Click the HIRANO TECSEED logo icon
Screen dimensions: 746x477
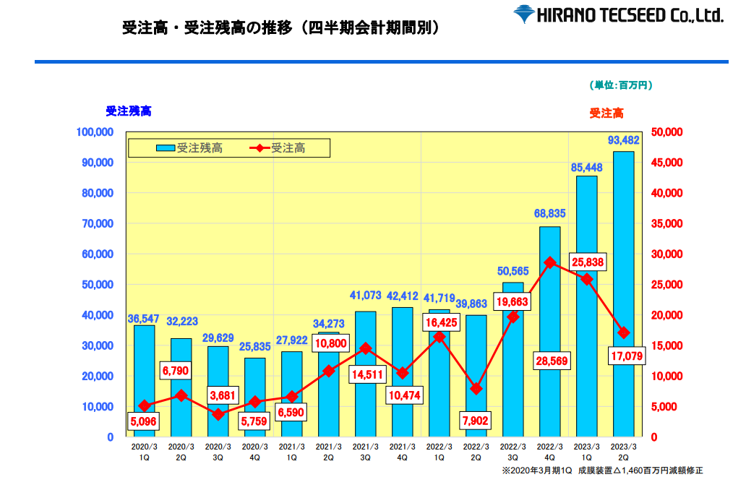pyautogui.click(x=524, y=14)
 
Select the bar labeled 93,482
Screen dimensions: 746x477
pyautogui.click(x=623, y=294)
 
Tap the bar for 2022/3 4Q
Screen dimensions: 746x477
pyautogui.click(x=549, y=332)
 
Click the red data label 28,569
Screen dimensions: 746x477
pyautogui.click(x=552, y=361)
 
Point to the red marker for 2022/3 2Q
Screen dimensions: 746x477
pyautogui.click(x=476, y=389)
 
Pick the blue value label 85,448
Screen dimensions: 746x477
pyautogui.click(x=587, y=168)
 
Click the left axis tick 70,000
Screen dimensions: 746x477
pyautogui.click(x=98, y=223)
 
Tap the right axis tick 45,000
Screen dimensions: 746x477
pyautogui.click(x=666, y=163)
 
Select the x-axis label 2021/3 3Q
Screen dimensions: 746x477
pyautogui.click(x=365, y=452)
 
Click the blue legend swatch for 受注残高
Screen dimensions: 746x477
pyautogui.click(x=166, y=148)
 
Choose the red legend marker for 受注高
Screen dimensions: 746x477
pyautogui.click(x=260, y=148)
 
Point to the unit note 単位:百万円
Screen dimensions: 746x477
pyautogui.click(x=621, y=85)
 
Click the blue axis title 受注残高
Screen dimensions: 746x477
pyautogui.click(x=129, y=111)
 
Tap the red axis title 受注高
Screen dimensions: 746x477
pyautogui.click(x=606, y=113)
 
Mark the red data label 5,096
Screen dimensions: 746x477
pyautogui.click(x=143, y=421)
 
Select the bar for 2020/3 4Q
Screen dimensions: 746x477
pyautogui.click(x=254, y=397)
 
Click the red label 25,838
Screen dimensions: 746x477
pyautogui.click(x=588, y=262)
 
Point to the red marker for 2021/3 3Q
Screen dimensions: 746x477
pyautogui.click(x=365, y=348)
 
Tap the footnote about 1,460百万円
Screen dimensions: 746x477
pyautogui.click(x=602, y=470)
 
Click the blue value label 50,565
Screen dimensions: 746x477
pyautogui.click(x=513, y=271)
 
